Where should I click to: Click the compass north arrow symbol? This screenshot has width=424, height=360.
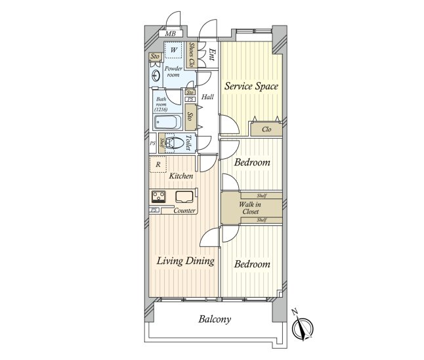tap(303, 325)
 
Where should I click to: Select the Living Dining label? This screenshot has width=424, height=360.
tap(185, 261)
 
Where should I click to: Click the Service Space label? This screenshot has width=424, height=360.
tap(251, 86)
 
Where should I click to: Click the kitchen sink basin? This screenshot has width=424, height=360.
tap(183, 196)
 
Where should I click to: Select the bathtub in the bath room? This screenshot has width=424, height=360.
tap(171, 122)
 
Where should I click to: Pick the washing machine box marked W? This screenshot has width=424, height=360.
tap(173, 50)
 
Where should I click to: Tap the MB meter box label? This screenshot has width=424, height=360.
tap(170, 34)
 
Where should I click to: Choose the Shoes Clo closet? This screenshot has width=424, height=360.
tap(191, 55)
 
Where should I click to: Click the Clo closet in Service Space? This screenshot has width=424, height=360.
tap(266, 129)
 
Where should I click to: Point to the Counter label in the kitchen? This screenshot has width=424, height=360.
tap(184, 210)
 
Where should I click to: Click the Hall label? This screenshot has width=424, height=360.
tap(207, 97)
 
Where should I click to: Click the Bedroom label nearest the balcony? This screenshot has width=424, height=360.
tap(252, 264)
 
